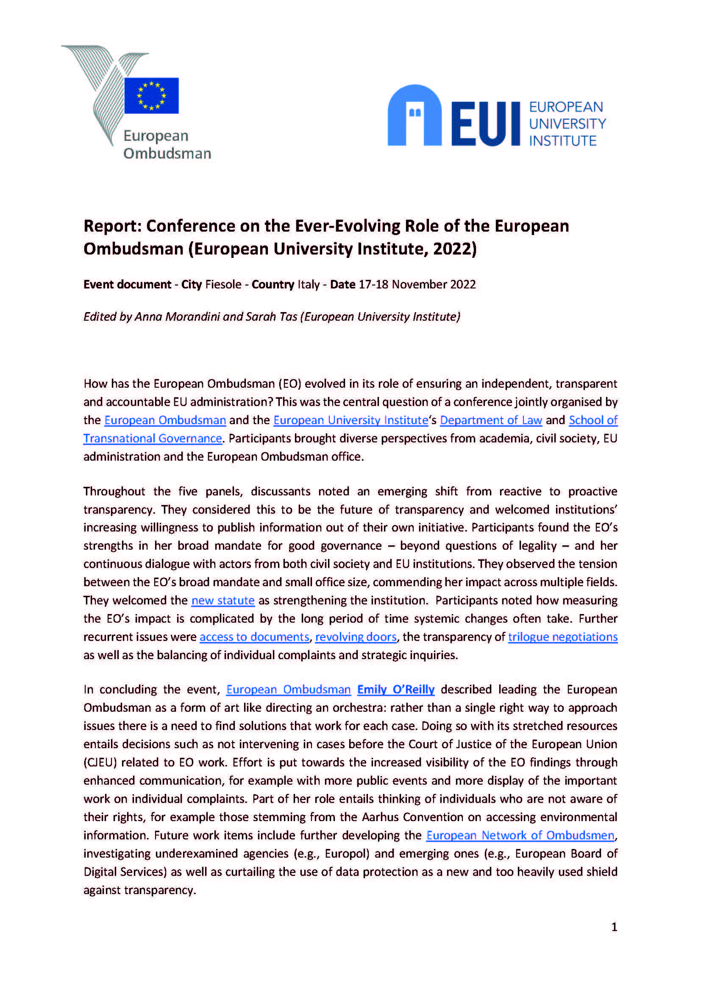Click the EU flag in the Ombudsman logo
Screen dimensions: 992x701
[151, 95]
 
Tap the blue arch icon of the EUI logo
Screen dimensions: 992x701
[414, 115]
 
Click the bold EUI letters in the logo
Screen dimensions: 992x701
[486, 124]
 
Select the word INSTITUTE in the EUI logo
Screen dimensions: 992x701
[562, 141]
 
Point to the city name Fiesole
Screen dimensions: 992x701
[223, 285]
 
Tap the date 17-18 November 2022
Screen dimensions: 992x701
[417, 285]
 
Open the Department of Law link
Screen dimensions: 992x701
[491, 420]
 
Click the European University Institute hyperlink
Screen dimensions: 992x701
[350, 420]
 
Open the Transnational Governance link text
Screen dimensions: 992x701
[153, 439]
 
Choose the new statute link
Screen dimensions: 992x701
[223, 601]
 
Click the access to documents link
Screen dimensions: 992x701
[254, 637]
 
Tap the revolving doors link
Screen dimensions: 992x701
[356, 637]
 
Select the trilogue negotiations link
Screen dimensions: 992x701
[562, 637]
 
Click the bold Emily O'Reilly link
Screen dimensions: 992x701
[395, 689]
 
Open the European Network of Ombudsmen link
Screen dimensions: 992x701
[520, 835]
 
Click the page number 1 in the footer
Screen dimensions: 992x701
[614, 927]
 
